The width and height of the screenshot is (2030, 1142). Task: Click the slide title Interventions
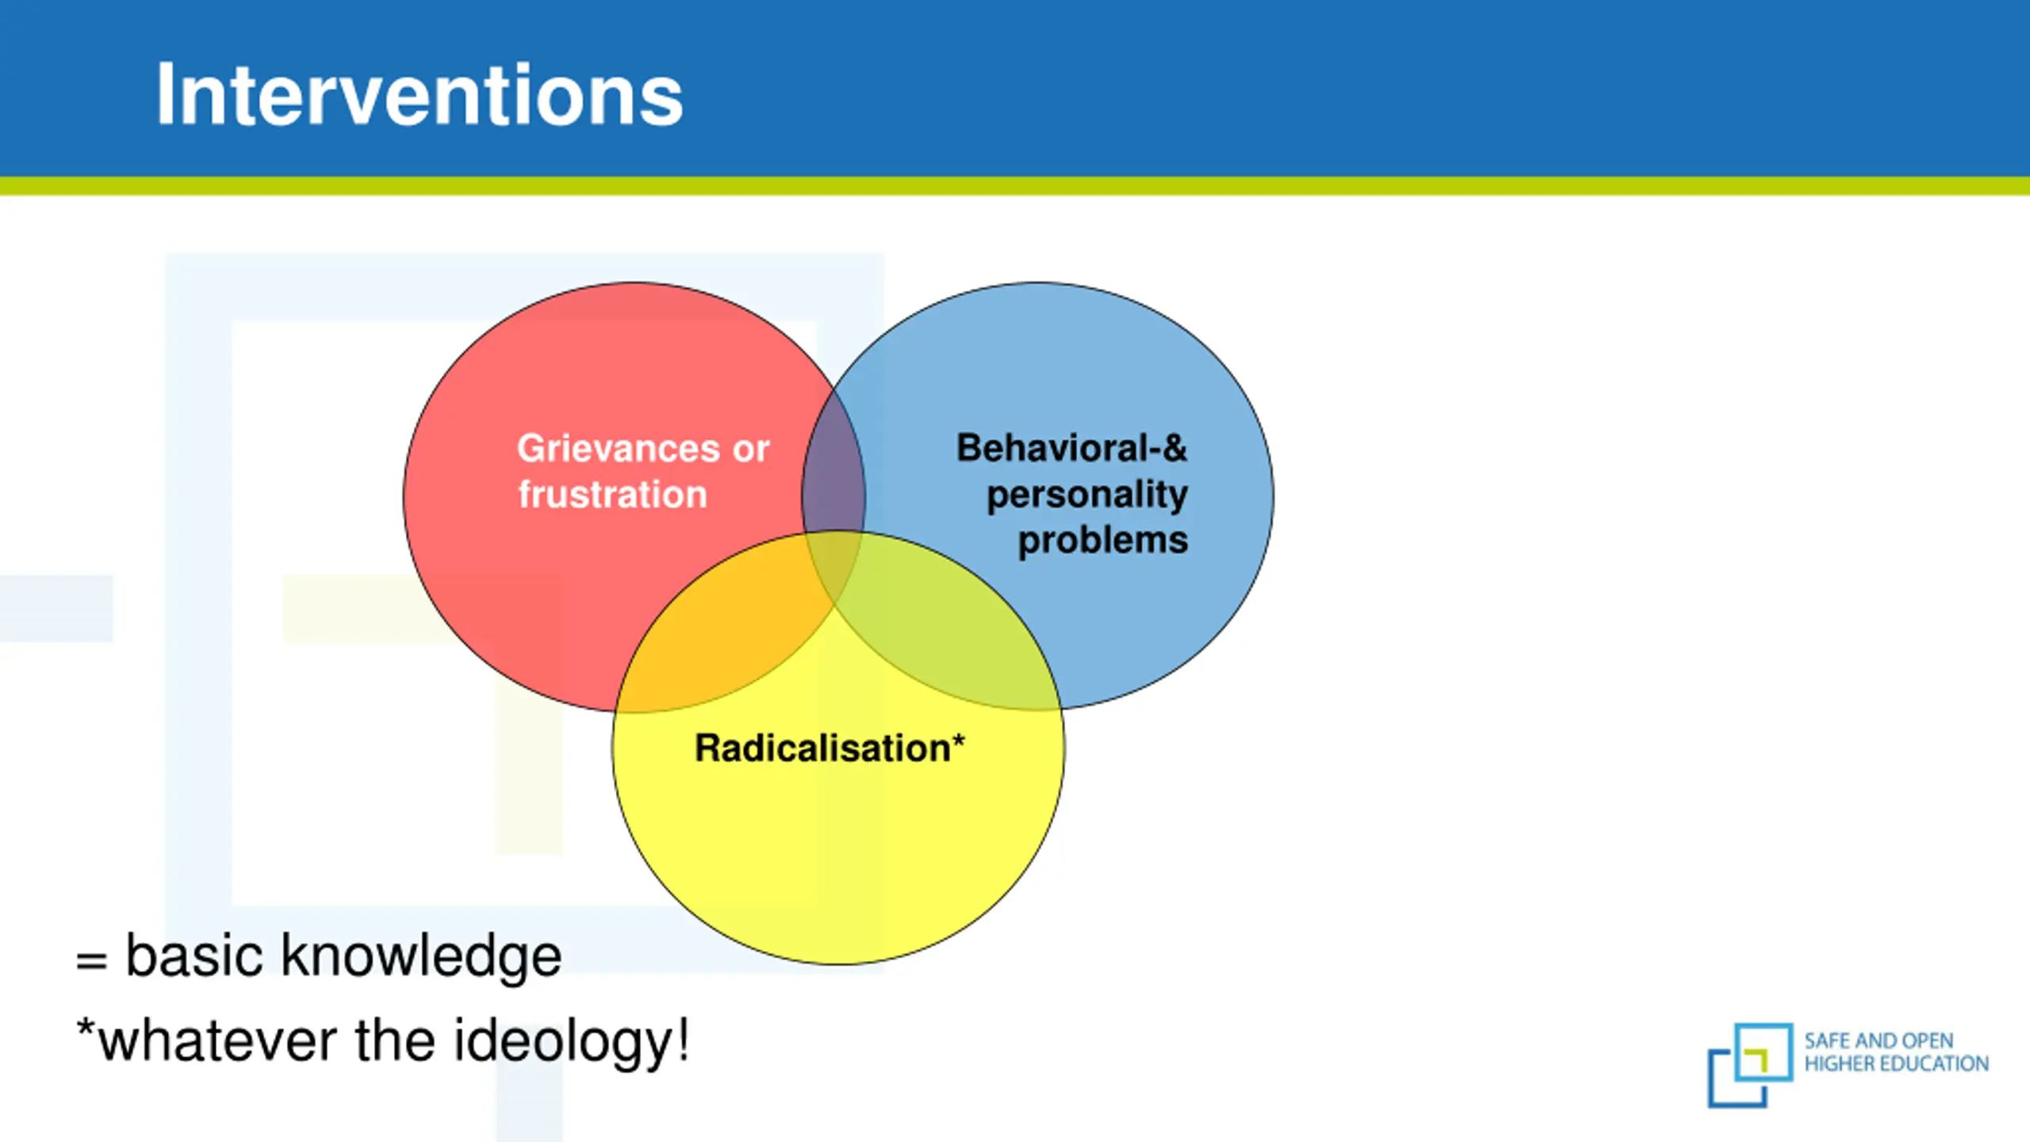click(419, 95)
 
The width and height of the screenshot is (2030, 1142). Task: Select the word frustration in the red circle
click(612, 495)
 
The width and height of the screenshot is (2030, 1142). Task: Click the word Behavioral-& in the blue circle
click(1071, 448)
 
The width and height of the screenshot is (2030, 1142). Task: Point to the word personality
click(1086, 495)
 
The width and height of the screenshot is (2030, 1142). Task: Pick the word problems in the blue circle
click(1102, 541)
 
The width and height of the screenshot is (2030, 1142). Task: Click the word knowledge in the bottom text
click(421, 956)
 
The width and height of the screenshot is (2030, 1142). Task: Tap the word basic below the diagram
click(194, 956)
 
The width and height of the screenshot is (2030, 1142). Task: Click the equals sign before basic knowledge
click(91, 960)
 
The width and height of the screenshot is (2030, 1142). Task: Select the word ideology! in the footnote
click(571, 1041)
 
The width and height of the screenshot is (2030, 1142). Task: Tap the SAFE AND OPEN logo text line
click(1879, 1040)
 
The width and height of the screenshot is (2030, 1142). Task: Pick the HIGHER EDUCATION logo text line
click(1896, 1063)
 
